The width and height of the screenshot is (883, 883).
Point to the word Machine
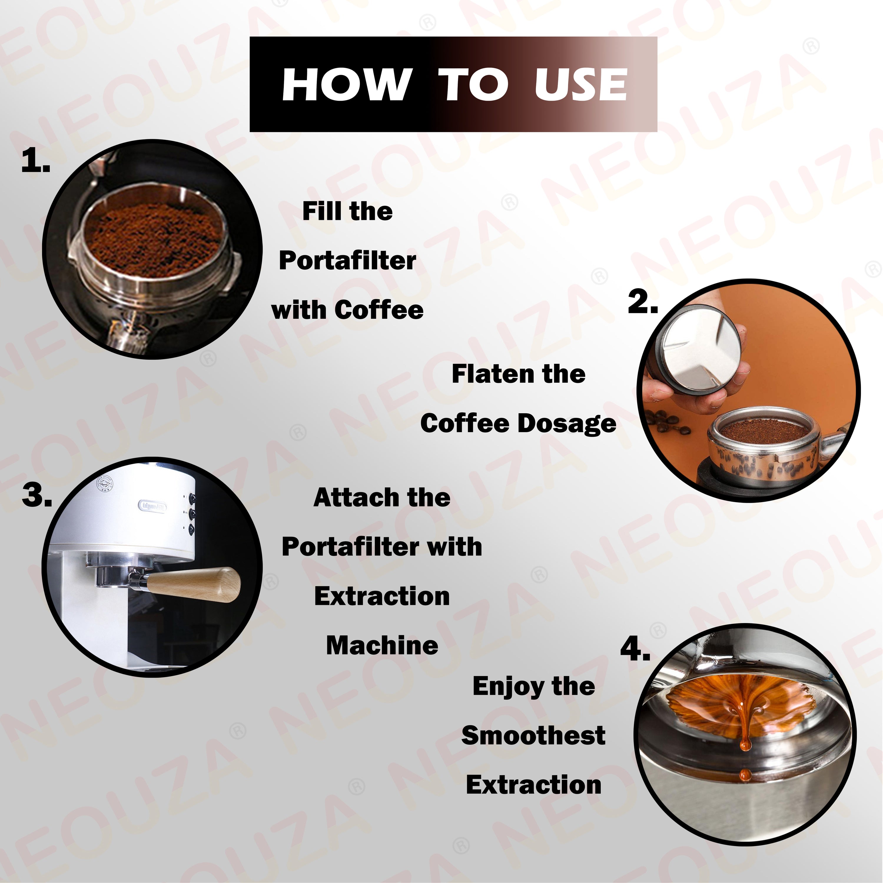click(x=382, y=646)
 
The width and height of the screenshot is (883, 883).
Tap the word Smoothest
click(x=533, y=736)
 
